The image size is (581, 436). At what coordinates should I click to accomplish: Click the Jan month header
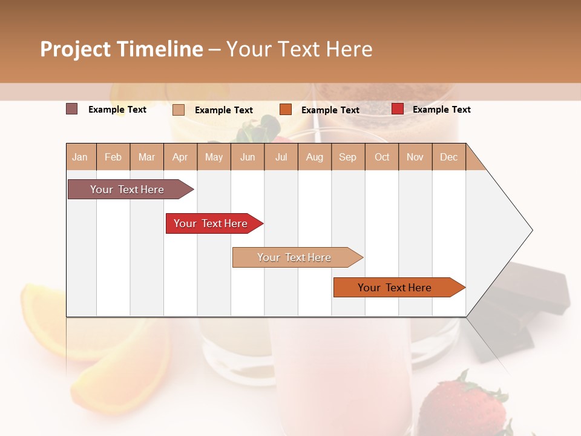pyautogui.click(x=80, y=157)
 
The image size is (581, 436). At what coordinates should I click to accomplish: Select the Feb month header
pyautogui.click(x=113, y=157)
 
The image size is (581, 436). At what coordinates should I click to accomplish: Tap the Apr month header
pyautogui.click(x=180, y=157)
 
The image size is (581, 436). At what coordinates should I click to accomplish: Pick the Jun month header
pyautogui.click(x=248, y=157)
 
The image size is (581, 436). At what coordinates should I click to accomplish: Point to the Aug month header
pyautogui.click(x=315, y=157)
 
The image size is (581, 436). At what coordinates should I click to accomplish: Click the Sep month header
pyautogui.click(x=348, y=157)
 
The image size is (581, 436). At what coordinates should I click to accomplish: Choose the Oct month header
pyautogui.click(x=382, y=157)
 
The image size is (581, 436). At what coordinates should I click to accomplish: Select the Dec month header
pyautogui.click(x=449, y=157)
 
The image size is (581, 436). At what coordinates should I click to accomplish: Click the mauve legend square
pyautogui.click(x=72, y=109)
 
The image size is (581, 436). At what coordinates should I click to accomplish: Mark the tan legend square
pyautogui.click(x=179, y=110)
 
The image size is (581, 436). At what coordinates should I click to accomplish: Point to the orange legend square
pyautogui.click(x=286, y=110)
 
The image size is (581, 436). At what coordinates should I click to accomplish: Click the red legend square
pyautogui.click(x=398, y=109)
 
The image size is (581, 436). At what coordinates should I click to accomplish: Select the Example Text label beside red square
pyautogui.click(x=441, y=110)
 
